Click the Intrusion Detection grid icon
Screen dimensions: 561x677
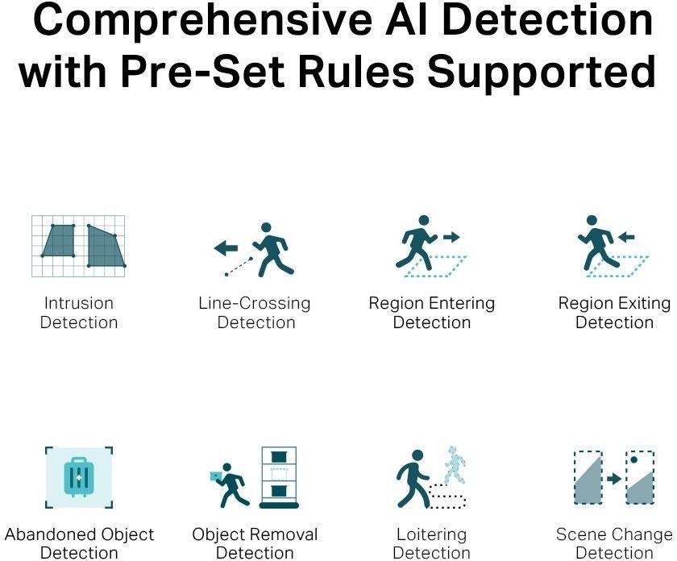78,246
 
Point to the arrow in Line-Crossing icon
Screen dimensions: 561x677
226,248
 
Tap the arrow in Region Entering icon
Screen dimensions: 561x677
451,237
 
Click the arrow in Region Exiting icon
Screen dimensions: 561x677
625,237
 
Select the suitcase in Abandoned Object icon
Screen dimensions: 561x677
78,476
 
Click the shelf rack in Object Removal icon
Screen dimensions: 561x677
279,477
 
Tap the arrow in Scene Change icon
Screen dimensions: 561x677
614,479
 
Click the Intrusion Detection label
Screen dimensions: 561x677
78,313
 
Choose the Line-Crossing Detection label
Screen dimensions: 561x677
255,313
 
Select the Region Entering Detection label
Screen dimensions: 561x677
431,313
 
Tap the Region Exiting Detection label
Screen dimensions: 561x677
614,313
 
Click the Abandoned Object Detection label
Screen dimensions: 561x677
79,543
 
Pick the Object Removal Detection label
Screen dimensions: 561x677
255,543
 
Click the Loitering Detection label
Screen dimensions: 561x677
431,543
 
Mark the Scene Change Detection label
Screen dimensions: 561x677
614,543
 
